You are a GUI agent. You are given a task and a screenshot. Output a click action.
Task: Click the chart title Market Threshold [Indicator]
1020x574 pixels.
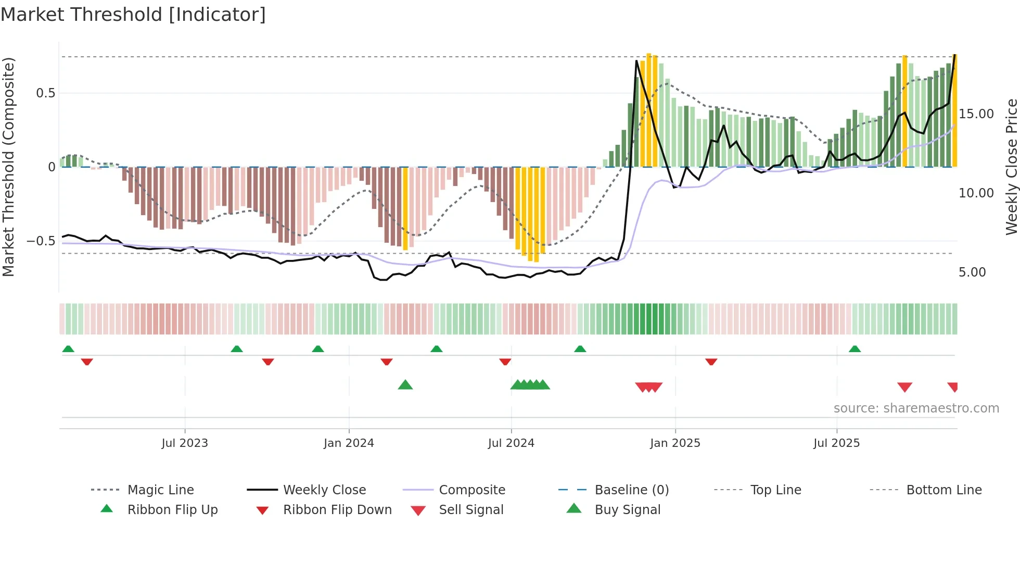(133, 15)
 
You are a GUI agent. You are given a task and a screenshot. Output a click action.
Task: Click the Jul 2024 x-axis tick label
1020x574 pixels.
(511, 443)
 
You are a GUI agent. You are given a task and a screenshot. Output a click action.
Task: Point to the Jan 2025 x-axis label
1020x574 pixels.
(675, 443)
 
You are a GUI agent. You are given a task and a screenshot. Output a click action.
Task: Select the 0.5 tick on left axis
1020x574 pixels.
(45, 93)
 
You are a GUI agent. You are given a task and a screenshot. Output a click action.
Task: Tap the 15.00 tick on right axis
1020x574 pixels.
(976, 114)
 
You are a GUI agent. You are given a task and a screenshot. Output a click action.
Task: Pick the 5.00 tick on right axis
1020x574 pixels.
(972, 272)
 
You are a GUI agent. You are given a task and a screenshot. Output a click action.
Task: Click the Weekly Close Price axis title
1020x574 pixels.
(1011, 167)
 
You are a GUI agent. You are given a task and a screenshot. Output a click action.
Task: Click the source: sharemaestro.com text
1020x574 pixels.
(916, 408)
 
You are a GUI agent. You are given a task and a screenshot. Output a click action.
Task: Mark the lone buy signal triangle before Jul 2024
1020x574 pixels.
(405, 385)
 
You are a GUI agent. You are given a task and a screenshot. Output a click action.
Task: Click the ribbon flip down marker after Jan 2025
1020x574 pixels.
(711, 361)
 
